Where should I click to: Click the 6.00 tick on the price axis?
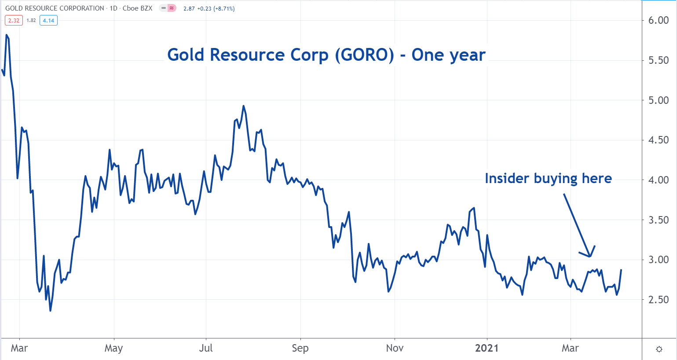659,21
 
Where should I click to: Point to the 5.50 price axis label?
659,60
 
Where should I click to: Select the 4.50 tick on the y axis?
659,140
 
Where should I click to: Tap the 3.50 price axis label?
659,220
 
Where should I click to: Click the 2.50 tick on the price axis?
659,299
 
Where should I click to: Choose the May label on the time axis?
113,348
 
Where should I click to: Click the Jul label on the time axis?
206,348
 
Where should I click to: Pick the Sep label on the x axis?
300,348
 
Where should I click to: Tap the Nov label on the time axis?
395,348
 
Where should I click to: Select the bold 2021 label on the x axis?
487,348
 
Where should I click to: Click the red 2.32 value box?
14,20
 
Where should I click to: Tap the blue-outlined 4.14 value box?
48,20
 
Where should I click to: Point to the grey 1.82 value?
31,20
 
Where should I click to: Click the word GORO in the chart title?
364,55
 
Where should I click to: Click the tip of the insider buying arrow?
589,256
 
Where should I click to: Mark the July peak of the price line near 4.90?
243,106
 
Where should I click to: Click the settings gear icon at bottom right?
659,349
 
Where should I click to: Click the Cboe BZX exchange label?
137,8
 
